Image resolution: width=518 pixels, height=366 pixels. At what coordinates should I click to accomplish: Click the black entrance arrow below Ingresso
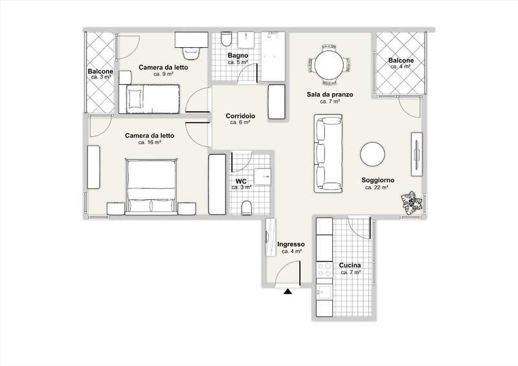288,292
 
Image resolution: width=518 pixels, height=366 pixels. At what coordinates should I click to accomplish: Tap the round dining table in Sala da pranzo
330,65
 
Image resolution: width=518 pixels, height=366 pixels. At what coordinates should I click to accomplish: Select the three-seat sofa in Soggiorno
328,153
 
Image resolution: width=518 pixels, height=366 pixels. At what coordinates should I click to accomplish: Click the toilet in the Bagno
226,39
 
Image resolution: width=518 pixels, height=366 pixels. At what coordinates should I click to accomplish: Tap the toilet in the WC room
247,208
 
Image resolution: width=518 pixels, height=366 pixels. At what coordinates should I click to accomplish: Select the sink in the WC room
263,178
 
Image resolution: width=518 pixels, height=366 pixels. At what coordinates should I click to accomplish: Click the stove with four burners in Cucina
324,270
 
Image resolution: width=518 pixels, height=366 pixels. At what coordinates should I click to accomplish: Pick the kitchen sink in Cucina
324,292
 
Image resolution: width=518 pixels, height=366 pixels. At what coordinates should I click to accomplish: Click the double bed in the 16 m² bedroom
151,186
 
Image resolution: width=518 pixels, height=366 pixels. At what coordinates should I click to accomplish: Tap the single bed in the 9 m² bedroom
150,99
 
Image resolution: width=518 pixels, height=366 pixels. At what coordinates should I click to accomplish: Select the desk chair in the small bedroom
191,53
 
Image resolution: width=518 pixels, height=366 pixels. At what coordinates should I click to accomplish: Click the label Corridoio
240,116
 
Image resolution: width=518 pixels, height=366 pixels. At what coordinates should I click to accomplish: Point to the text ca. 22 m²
377,188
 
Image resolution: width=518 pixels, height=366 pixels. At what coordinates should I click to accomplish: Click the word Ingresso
291,244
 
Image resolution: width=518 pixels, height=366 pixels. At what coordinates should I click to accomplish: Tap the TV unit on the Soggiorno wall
416,154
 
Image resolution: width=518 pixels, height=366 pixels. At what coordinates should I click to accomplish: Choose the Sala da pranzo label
330,94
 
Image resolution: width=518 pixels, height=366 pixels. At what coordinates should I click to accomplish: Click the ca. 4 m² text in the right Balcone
401,67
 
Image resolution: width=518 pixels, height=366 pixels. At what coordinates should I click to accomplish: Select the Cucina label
350,265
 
